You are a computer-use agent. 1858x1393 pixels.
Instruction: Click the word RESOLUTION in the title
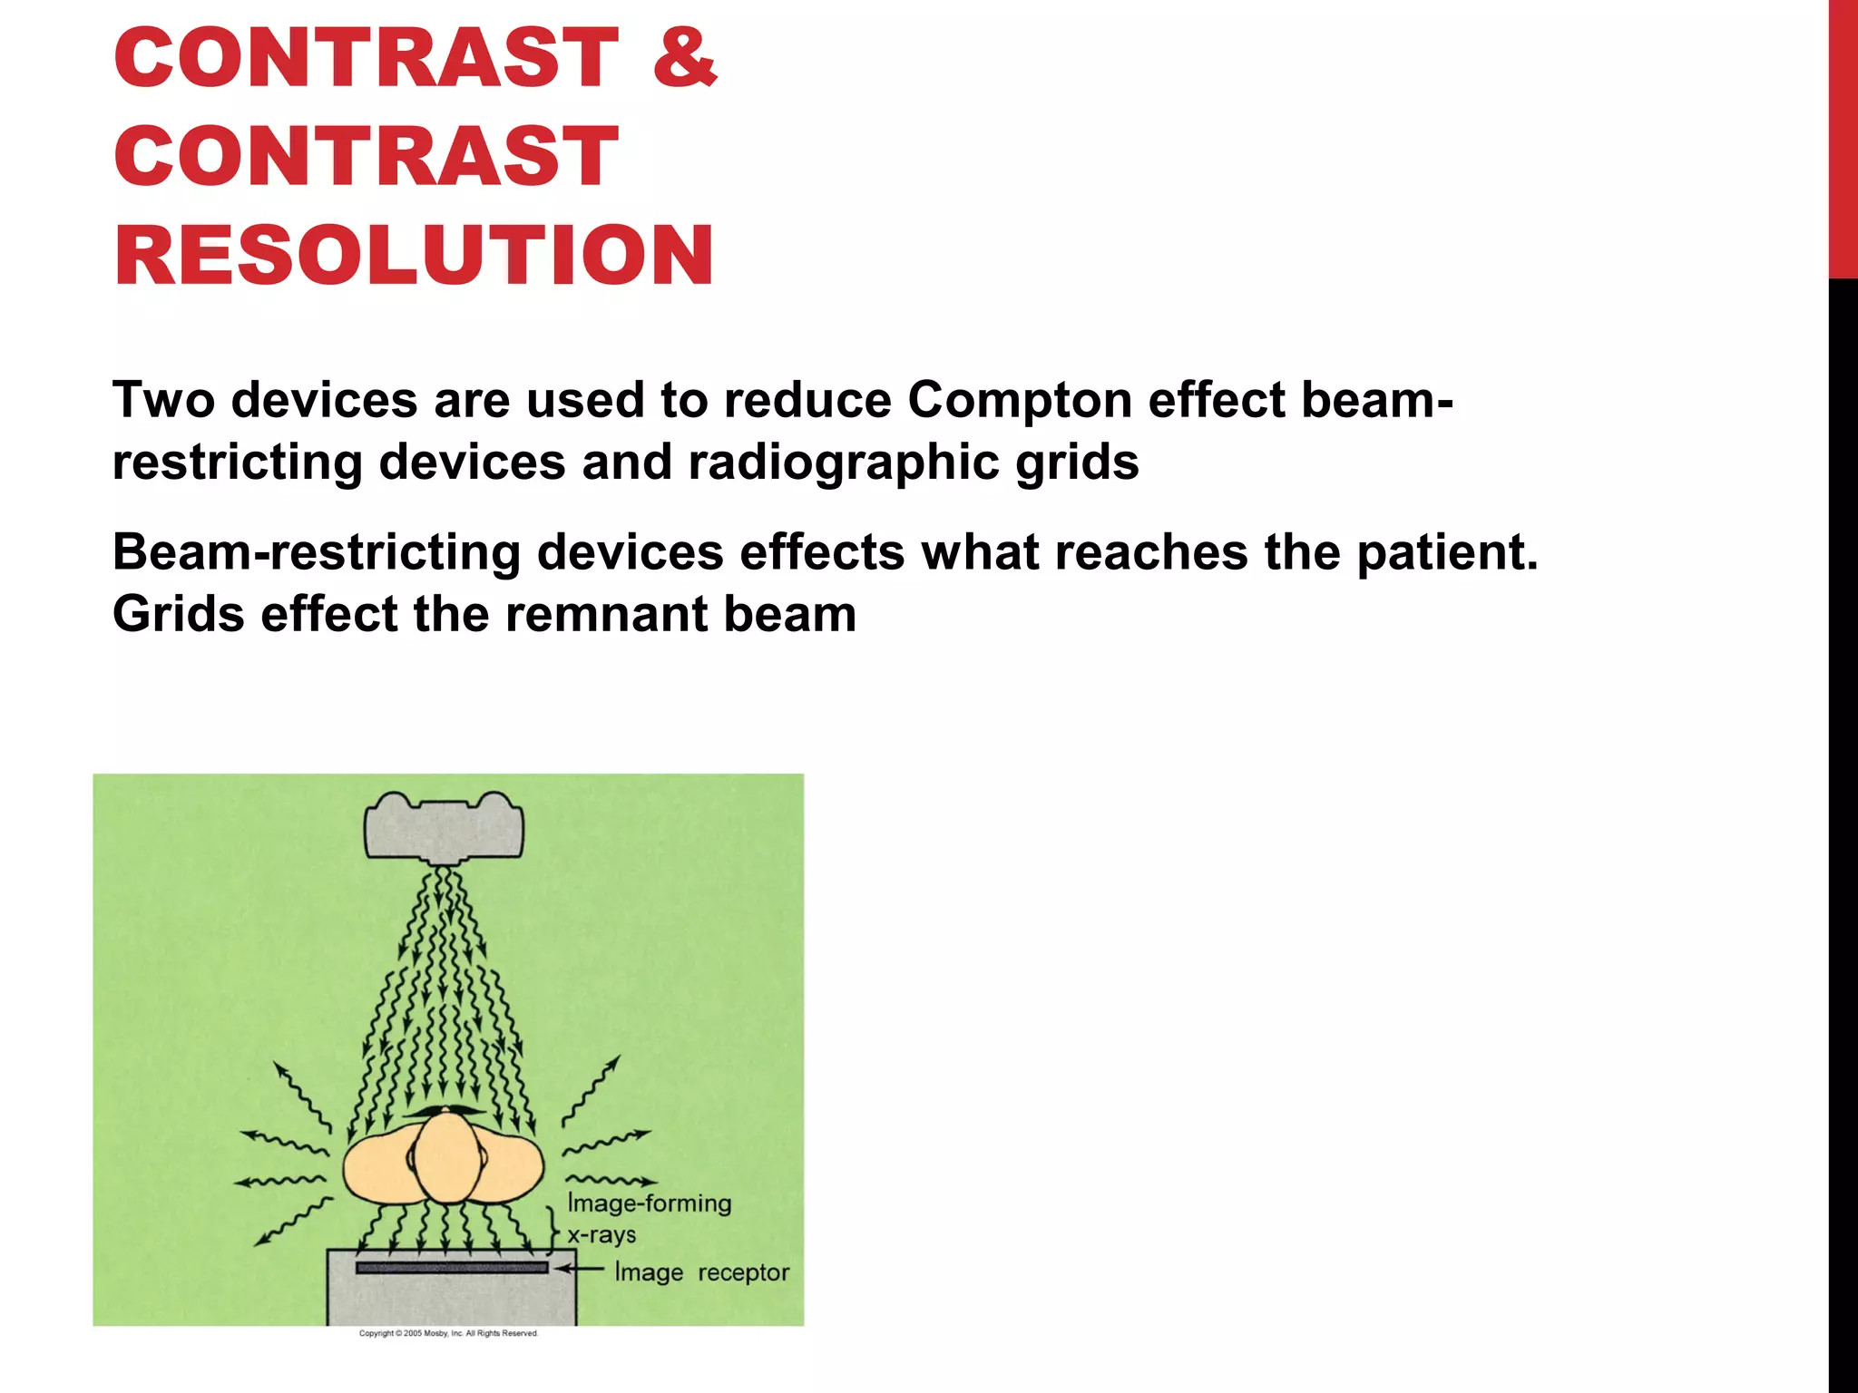pos(414,256)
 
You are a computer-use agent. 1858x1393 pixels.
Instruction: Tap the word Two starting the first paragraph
pos(163,399)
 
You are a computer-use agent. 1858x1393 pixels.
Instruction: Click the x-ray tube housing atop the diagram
pos(445,826)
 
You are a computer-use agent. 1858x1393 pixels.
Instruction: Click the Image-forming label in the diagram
pos(650,1203)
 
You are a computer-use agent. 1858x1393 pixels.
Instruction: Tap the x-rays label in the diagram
pos(601,1235)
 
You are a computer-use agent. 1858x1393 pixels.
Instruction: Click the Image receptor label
pos(702,1272)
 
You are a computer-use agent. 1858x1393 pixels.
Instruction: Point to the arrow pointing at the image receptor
pos(581,1270)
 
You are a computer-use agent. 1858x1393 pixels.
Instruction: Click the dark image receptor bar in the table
pos(452,1268)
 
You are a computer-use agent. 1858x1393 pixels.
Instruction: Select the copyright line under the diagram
pos(448,1333)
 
